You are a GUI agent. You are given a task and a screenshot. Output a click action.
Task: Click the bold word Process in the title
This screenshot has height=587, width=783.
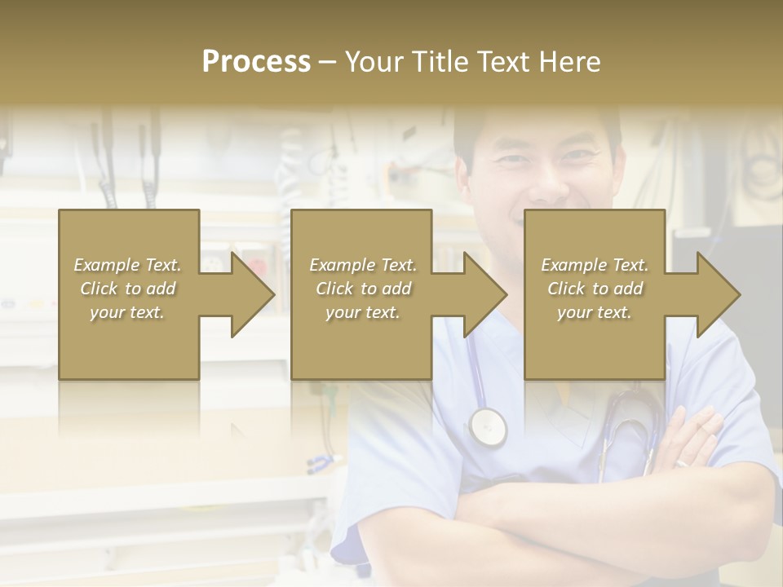pos(256,62)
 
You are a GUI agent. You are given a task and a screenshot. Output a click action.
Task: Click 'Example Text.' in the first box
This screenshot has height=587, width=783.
pos(128,265)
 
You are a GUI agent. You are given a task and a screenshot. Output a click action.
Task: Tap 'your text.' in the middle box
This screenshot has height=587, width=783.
pos(362,312)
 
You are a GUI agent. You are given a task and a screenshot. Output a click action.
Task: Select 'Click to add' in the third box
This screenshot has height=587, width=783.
pos(595,289)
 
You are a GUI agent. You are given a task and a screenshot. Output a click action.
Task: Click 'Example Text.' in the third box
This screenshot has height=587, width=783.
pos(595,265)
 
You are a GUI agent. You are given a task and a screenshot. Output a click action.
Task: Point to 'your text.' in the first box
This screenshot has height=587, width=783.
pos(128,312)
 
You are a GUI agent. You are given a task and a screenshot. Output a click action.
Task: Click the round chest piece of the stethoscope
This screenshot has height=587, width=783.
pos(487,426)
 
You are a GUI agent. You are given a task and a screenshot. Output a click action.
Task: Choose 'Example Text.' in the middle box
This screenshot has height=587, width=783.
pos(362,265)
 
